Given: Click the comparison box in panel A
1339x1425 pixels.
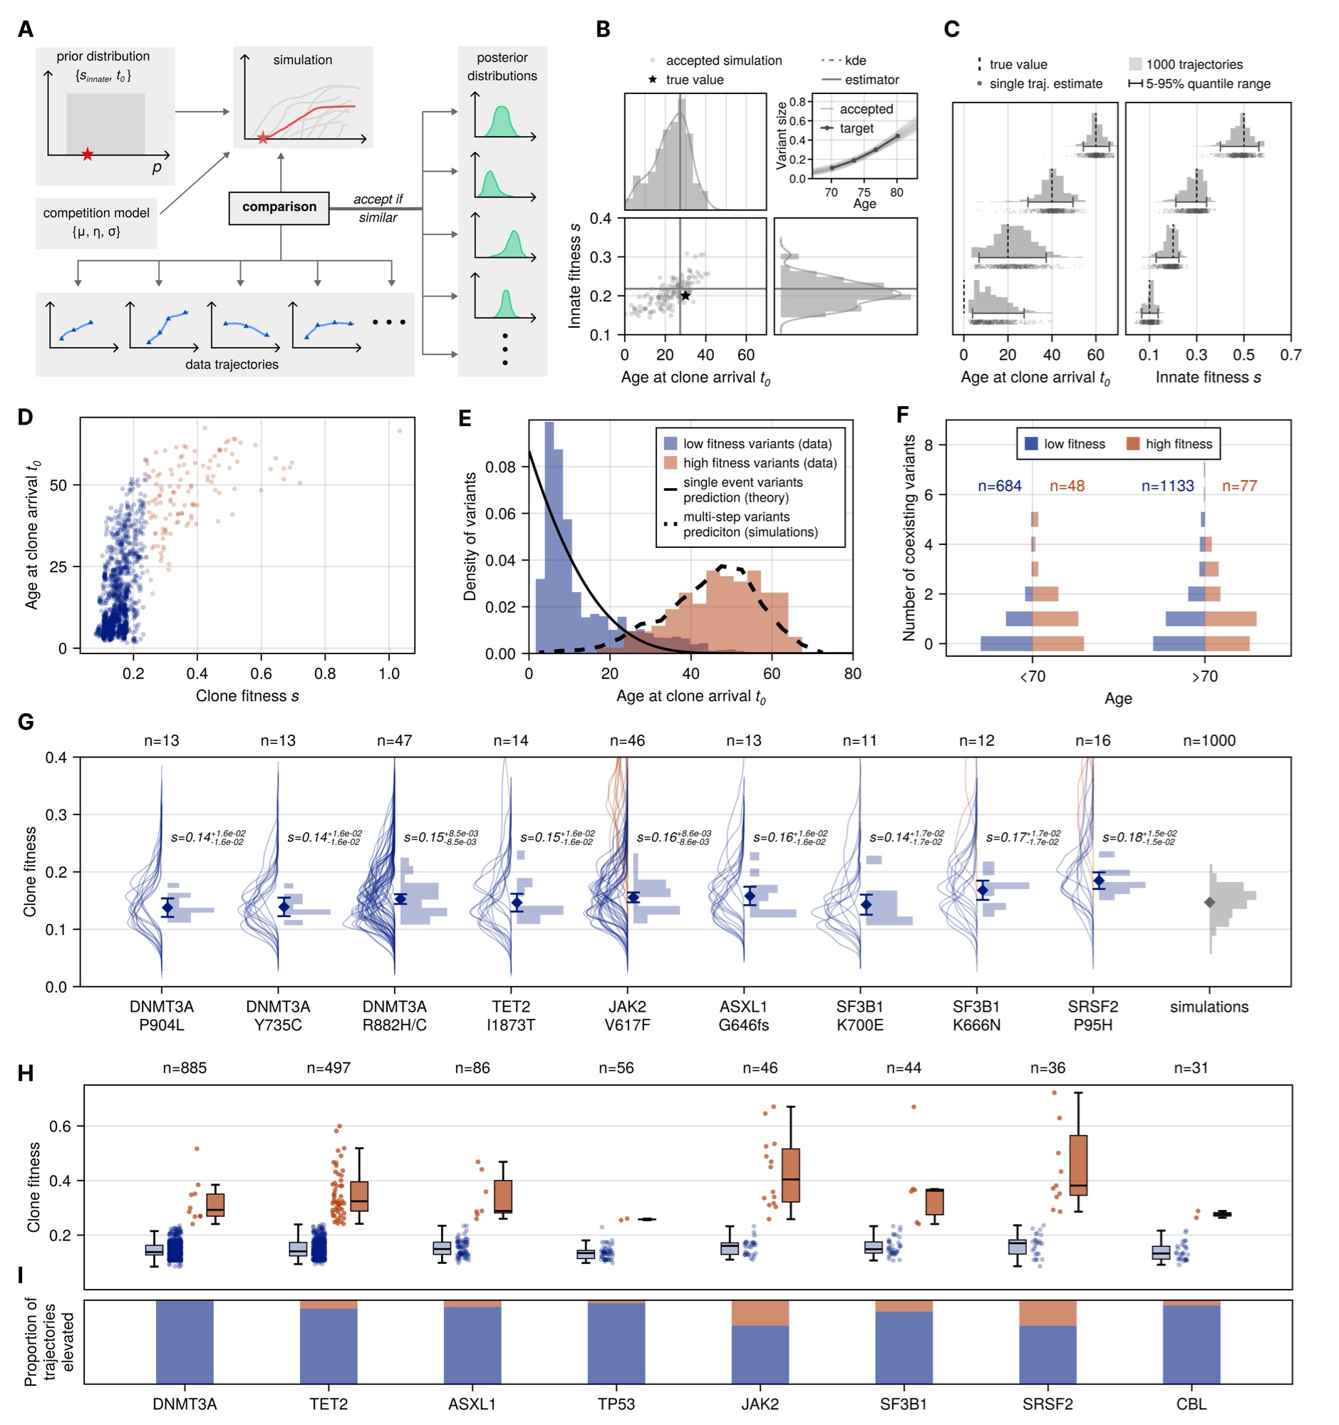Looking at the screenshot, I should pyautogui.click(x=279, y=207).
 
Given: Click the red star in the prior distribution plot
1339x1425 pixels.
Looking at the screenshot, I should pyautogui.click(x=88, y=154).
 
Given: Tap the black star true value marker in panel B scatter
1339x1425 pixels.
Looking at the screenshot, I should pyautogui.click(x=686, y=295).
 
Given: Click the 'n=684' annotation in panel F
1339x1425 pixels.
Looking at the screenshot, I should pyautogui.click(x=999, y=486).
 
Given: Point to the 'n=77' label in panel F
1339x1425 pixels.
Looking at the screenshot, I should pyautogui.click(x=1239, y=486).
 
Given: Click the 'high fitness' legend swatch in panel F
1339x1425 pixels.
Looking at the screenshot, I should pyautogui.click(x=1133, y=444).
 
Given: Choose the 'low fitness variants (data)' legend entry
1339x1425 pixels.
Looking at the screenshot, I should pyautogui.click(x=749, y=444).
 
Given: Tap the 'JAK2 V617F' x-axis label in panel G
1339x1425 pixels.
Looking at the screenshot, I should pyautogui.click(x=627, y=1015).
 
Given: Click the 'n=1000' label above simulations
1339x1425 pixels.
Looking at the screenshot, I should pyautogui.click(x=1209, y=740).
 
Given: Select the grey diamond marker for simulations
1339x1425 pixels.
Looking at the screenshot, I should pyautogui.click(x=1210, y=902).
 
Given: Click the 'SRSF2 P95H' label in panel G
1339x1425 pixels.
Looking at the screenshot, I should pyautogui.click(x=1092, y=1015).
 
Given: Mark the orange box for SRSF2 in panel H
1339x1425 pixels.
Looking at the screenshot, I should pyautogui.click(x=1078, y=1165).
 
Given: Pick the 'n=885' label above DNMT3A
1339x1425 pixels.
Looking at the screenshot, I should pyautogui.click(x=185, y=1068).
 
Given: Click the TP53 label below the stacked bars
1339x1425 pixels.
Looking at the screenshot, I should pyautogui.click(x=616, y=1404).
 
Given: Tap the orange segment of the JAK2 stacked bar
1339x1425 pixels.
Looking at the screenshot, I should pyautogui.click(x=760, y=1313).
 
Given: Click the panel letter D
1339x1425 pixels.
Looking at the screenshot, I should pyautogui.click(x=25, y=418).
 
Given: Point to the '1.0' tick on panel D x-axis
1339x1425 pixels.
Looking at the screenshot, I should pyautogui.click(x=389, y=674).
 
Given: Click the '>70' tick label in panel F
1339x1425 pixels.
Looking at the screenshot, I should pyautogui.click(x=1204, y=677).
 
